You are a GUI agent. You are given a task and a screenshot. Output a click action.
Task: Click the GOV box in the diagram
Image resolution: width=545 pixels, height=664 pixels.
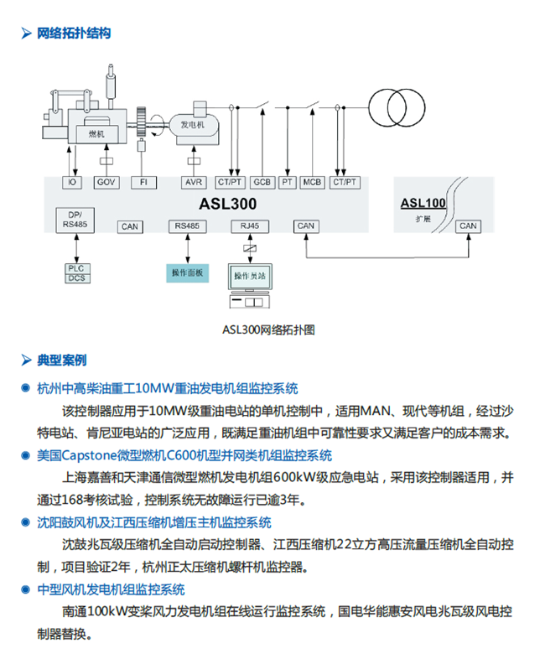[106, 182]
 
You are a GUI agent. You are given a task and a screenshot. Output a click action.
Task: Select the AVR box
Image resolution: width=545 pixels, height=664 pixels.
[193, 182]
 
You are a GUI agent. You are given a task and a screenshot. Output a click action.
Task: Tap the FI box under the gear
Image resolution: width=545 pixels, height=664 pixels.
[143, 182]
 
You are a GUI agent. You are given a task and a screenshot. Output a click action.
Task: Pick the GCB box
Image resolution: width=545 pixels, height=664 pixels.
[262, 182]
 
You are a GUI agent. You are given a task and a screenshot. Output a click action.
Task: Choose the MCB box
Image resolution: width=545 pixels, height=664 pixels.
[313, 182]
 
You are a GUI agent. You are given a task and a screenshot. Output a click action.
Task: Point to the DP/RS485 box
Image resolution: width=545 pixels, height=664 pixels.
[75, 219]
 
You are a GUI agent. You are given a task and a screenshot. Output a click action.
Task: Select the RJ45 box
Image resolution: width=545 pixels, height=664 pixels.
[247, 226]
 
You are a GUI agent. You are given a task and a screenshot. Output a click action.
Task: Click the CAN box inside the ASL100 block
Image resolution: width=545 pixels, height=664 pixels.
[468, 226]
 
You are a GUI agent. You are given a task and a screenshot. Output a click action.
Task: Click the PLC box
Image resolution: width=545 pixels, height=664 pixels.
[76, 268]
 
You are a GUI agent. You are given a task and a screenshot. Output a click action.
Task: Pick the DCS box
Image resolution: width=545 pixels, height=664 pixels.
[76, 278]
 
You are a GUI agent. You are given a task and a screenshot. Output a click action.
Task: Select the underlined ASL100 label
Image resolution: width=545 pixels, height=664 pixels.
[423, 202]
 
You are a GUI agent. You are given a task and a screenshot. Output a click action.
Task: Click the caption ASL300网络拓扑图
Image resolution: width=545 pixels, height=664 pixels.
[268, 329]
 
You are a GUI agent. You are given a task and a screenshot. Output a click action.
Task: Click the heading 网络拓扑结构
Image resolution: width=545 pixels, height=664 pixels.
[73, 34]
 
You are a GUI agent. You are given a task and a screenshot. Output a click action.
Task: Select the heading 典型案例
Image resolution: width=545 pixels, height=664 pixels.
[61, 361]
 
